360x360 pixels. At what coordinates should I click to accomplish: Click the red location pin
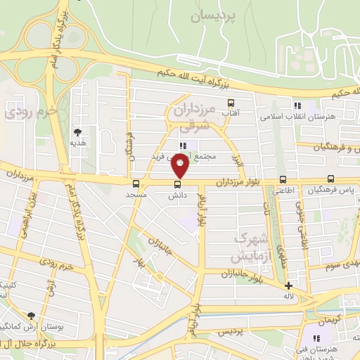(x=181, y=166)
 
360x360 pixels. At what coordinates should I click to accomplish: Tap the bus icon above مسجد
(x=136, y=184)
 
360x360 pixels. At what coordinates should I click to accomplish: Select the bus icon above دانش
(x=176, y=185)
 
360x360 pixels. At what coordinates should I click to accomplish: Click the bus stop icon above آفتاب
(x=230, y=103)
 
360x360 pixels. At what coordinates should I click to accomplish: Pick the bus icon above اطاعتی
(x=283, y=179)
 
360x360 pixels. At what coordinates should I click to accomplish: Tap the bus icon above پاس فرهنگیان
(x=330, y=179)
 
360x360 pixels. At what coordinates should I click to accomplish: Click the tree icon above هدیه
(x=77, y=131)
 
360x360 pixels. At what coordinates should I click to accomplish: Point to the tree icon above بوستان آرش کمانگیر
(x=31, y=316)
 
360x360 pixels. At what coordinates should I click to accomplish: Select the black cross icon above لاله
(x=288, y=285)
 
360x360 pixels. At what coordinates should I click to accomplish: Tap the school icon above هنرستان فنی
(x=316, y=339)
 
